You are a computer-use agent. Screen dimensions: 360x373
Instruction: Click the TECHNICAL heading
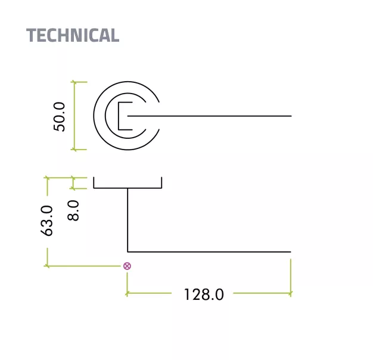[73, 35]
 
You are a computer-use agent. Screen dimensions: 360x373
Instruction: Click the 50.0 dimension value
[60, 116]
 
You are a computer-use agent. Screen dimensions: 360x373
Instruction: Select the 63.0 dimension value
[47, 221]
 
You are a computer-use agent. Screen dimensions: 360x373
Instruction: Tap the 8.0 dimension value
[73, 210]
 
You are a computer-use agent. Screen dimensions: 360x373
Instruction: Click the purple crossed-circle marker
[127, 266]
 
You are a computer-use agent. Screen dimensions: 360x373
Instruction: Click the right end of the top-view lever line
[291, 116]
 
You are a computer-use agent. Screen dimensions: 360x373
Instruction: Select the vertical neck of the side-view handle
[128, 221]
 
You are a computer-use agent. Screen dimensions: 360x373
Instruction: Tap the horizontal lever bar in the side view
[209, 252]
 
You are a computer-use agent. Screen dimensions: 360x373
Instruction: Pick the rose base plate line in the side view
[128, 188]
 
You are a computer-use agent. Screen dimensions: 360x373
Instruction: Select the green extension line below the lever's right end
[291, 274]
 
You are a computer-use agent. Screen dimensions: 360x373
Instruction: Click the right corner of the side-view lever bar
[290, 252]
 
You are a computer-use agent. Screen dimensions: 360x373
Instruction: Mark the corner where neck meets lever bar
[128, 251]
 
